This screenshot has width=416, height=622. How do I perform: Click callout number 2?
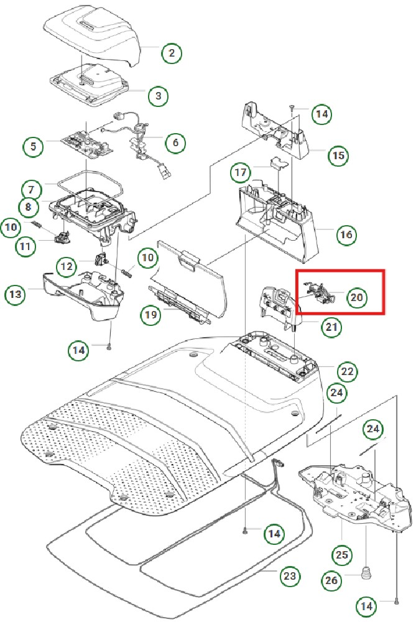click(172, 53)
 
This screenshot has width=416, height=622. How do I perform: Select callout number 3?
click(159, 96)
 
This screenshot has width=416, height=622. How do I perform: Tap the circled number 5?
click(32, 147)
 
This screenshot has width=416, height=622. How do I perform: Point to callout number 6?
click(175, 143)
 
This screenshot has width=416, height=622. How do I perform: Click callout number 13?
click(16, 294)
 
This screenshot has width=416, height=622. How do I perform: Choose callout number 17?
click(241, 172)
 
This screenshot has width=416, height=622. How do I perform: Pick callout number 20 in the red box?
click(356, 298)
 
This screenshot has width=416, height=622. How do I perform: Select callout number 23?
click(289, 577)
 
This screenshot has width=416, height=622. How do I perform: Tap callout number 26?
click(331, 581)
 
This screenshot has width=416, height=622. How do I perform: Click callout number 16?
click(346, 235)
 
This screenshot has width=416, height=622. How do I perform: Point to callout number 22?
click(346, 372)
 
